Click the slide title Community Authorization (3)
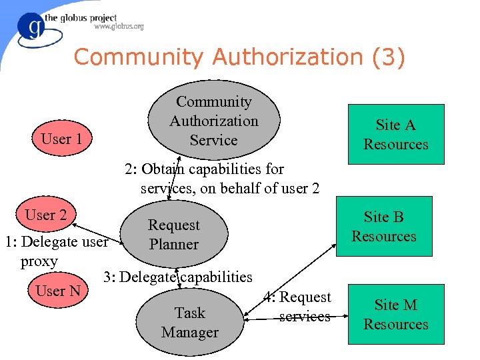(239, 57)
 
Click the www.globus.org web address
(119, 27)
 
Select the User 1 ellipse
(61, 139)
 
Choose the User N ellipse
(57, 291)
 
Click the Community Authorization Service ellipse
(213, 121)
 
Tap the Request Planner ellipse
(173, 235)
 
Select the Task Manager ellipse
(189, 322)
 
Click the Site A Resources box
(395, 134)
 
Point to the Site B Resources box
(384, 226)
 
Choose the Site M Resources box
(395, 314)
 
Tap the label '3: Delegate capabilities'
(177, 277)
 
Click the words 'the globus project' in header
(81, 18)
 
